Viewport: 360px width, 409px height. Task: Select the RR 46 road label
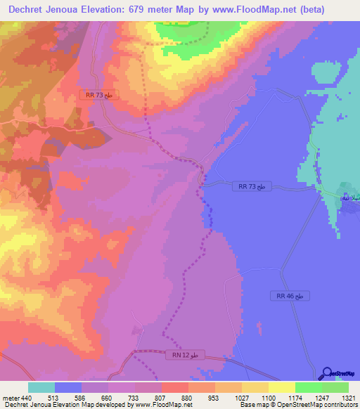click(289, 297)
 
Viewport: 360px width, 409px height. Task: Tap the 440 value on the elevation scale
click(27, 398)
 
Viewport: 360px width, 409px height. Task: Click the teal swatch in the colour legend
click(41, 387)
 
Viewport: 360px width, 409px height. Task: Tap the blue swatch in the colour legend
click(68, 387)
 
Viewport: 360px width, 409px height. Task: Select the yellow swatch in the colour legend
click(282, 387)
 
